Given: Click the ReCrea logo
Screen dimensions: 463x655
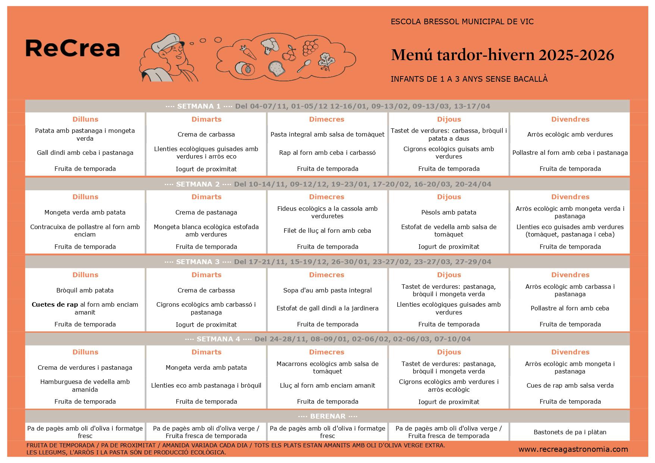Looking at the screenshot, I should [x=72, y=49].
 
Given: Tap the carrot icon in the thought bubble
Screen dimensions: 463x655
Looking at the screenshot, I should [x=248, y=53].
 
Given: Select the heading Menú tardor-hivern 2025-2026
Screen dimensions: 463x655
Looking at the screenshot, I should [x=502, y=55].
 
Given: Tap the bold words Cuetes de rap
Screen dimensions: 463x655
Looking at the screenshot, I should [x=54, y=304].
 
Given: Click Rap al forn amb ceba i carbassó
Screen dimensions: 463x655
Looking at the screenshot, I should [x=327, y=153].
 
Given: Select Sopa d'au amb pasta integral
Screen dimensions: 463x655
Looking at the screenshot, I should [x=327, y=290].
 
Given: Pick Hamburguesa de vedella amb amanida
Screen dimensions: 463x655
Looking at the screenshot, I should [x=85, y=385].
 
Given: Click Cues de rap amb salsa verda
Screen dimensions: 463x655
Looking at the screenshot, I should [x=570, y=385].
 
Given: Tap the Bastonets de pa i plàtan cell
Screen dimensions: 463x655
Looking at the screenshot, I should [x=570, y=432].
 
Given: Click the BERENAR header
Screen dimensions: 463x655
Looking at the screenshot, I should [x=327, y=416].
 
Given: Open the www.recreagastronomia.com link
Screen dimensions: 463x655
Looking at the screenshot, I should [x=573, y=449].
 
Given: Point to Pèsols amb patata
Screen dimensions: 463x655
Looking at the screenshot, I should [x=449, y=212].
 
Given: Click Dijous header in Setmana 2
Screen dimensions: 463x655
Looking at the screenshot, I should [x=449, y=197].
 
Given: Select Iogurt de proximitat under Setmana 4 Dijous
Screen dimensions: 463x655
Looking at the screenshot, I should [x=449, y=402].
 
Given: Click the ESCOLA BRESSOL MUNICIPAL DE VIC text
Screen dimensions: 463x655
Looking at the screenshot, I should [x=462, y=22].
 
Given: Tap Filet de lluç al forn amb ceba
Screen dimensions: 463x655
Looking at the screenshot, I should [x=327, y=231].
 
